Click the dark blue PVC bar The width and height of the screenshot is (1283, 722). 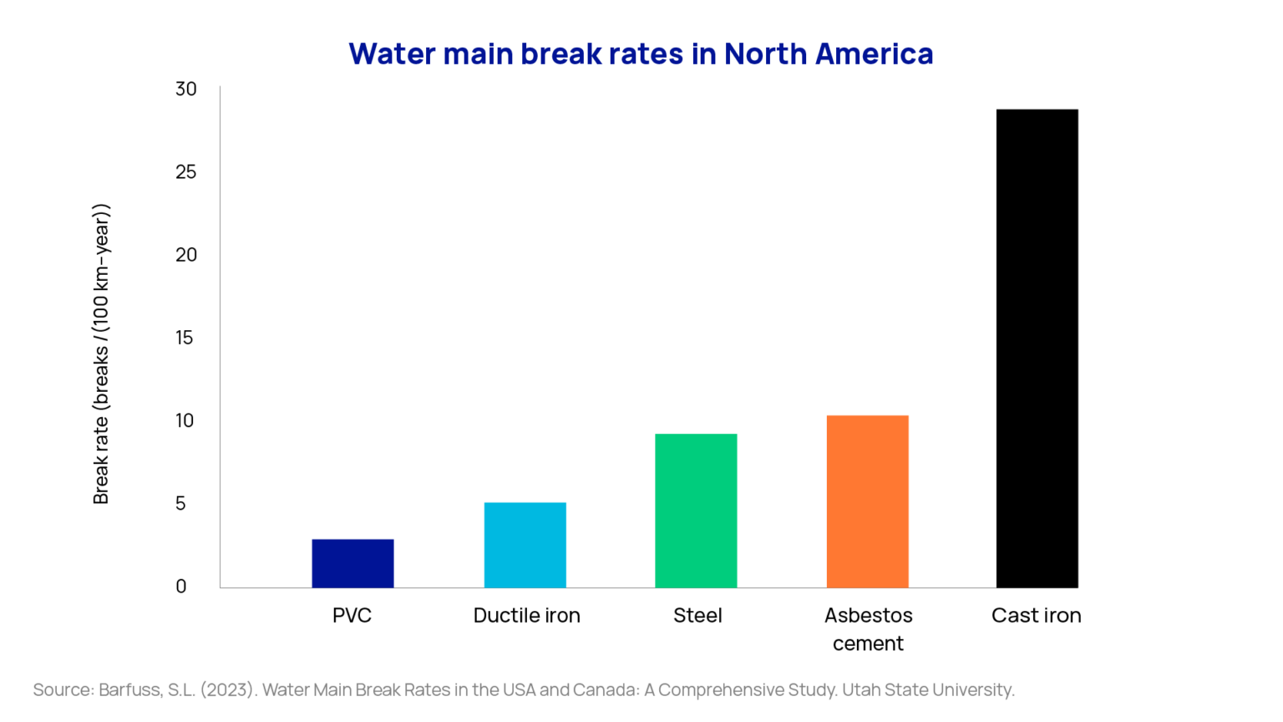tap(352, 563)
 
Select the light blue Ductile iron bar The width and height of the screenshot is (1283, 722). tap(525, 545)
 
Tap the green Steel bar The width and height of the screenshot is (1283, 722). tap(696, 511)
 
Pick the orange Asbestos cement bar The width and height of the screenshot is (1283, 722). tap(867, 501)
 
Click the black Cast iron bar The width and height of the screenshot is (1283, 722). tap(1037, 348)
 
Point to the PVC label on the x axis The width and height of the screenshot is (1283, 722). tap(352, 616)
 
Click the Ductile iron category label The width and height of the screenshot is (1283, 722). tap(526, 616)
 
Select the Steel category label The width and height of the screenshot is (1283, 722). tap(697, 616)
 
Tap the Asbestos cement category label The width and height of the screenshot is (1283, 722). tap(868, 629)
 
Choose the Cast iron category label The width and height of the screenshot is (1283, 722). tap(1036, 616)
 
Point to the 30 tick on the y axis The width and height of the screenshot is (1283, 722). tap(185, 89)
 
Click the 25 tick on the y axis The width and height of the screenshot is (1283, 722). tap(185, 172)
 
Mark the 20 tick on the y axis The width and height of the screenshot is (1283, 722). tap(185, 255)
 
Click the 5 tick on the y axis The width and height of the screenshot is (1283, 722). tap(180, 504)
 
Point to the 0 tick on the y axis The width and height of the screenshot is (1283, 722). tap(180, 587)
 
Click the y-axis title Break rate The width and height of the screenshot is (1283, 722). tap(101, 353)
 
